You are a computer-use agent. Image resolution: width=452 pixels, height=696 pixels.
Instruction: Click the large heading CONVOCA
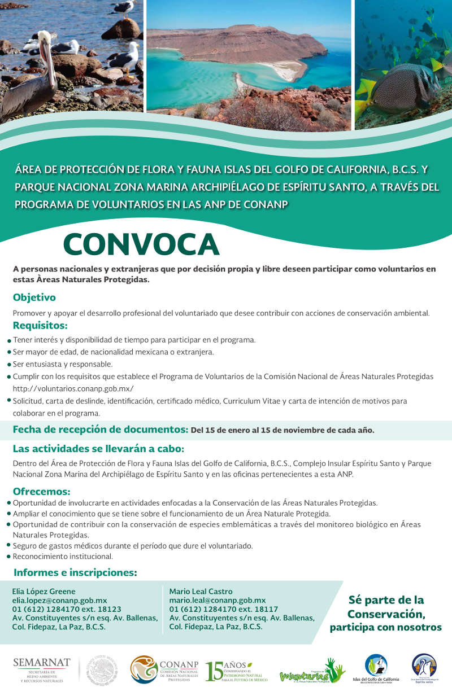point(141,244)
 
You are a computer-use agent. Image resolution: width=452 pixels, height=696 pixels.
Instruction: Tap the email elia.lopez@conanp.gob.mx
point(59,601)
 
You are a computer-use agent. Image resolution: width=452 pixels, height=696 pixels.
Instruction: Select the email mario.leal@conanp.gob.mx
point(218,601)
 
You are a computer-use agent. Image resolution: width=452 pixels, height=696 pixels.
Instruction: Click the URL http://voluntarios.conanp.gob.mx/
point(73,388)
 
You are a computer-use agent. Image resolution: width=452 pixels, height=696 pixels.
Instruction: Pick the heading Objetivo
point(34,297)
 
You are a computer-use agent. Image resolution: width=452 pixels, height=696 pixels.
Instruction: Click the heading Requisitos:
point(40,326)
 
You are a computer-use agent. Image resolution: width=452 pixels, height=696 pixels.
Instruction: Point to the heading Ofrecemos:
point(41,491)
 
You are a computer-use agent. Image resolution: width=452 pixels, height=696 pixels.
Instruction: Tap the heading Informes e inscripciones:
point(75,572)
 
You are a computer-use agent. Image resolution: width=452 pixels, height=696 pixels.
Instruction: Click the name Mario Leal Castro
point(201,592)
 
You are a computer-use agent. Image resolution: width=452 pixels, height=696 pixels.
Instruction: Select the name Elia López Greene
point(44,592)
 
